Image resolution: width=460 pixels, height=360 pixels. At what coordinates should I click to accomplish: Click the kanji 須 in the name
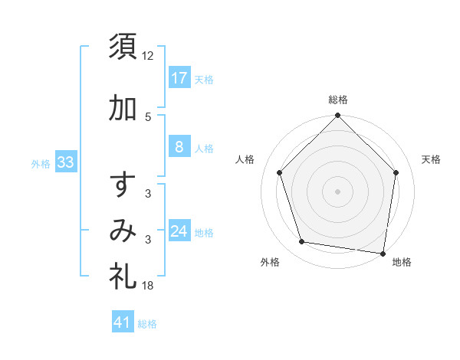click(x=123, y=47)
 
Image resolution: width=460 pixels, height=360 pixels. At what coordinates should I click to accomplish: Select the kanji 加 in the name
click(x=123, y=109)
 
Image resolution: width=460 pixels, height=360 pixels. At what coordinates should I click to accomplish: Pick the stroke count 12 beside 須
click(x=149, y=55)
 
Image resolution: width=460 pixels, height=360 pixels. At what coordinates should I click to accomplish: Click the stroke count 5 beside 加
click(x=148, y=116)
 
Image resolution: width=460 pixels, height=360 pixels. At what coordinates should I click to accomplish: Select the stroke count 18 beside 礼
click(x=149, y=286)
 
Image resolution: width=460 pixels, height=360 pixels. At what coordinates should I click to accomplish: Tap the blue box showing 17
click(x=179, y=77)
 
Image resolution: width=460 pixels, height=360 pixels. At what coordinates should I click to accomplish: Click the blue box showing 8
click(x=179, y=147)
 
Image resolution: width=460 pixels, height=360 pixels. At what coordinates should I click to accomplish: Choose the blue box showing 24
click(x=179, y=231)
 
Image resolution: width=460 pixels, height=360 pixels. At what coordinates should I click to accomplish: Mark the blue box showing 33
click(x=65, y=162)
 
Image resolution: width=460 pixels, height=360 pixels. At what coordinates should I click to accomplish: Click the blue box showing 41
click(x=123, y=322)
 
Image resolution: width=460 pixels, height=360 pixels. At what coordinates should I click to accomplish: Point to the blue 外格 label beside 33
click(x=41, y=163)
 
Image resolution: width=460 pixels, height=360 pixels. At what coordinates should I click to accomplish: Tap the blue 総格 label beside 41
click(x=147, y=324)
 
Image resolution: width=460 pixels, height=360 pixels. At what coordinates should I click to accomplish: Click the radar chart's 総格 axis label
click(x=337, y=100)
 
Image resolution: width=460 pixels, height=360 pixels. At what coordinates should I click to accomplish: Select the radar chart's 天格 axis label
click(x=431, y=159)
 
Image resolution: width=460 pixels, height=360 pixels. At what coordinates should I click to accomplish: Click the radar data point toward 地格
click(x=383, y=253)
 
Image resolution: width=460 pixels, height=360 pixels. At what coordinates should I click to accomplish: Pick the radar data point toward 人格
click(x=279, y=172)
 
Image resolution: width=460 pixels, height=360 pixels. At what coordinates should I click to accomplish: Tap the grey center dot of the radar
click(x=337, y=191)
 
